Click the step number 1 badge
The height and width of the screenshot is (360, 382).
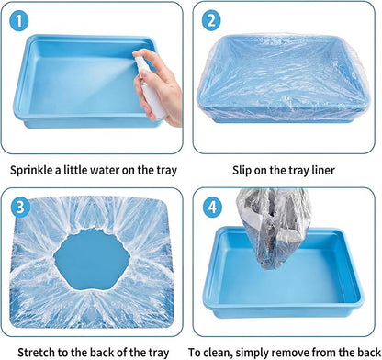point(19,20)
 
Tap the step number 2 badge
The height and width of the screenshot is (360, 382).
point(211,20)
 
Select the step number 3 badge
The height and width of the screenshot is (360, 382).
point(20,208)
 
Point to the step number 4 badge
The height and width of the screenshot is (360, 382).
point(212,208)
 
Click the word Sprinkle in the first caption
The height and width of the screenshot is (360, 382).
point(31,170)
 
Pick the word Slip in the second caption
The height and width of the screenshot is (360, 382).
point(242,170)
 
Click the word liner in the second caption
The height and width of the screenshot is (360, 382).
point(322,170)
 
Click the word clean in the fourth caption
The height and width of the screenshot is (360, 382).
point(218,352)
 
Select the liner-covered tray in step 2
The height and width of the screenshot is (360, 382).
point(283,79)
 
